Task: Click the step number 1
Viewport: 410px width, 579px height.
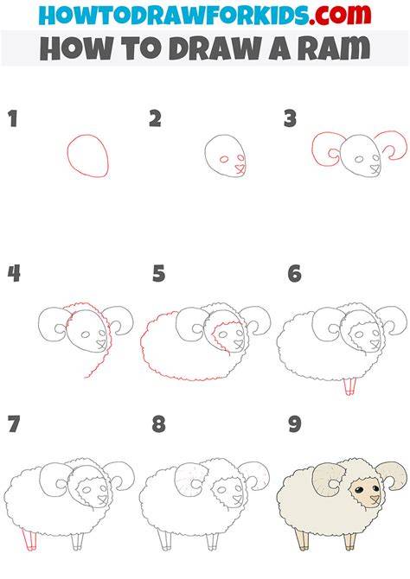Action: [13, 119]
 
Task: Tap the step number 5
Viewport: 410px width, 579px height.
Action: [158, 274]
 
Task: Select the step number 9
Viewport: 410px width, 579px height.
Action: [295, 424]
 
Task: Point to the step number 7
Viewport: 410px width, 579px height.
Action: [14, 424]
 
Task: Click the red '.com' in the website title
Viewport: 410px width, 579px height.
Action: [340, 15]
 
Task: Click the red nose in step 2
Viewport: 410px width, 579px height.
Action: [240, 169]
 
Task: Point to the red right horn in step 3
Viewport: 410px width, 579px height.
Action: [405, 144]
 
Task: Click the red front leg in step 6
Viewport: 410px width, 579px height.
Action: [349, 386]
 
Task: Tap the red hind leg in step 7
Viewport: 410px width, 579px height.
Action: [29, 539]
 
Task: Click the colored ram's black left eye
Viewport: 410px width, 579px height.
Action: [358, 490]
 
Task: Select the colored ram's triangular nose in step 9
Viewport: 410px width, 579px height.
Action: [375, 499]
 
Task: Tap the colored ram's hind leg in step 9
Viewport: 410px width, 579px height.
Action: [303, 540]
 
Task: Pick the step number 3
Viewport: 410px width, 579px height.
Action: [291, 119]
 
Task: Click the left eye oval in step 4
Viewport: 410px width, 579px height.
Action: [86, 334]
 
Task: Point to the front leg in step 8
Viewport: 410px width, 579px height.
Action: [213, 541]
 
